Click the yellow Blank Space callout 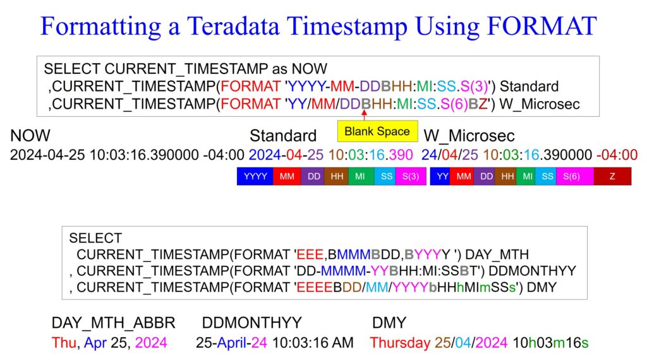pyautogui.click(x=378, y=131)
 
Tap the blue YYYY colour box pyautogui.click(x=255, y=176)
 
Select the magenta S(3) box pyautogui.click(x=411, y=176)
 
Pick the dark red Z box pyautogui.click(x=612, y=176)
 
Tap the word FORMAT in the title pyautogui.click(x=541, y=25)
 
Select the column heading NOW pyautogui.click(x=30, y=136)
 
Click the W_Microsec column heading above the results pyautogui.click(x=469, y=136)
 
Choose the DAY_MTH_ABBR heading pyautogui.click(x=114, y=323)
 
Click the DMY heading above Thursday pyautogui.click(x=389, y=323)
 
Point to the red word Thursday pyautogui.click(x=400, y=343)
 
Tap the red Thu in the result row pyautogui.click(x=64, y=343)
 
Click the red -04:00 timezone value pyautogui.click(x=617, y=155)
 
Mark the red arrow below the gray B pyautogui.click(x=365, y=115)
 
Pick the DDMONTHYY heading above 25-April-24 pyautogui.click(x=251, y=323)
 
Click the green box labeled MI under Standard pyautogui.click(x=360, y=176)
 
